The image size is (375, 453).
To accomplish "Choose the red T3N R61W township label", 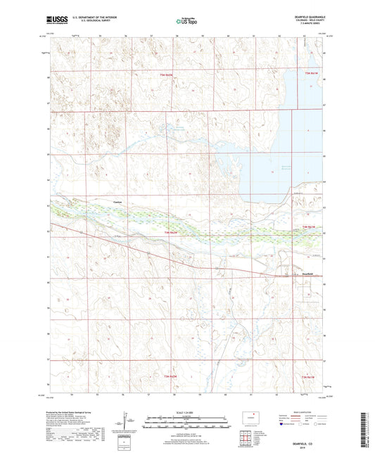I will tap(310, 378).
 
